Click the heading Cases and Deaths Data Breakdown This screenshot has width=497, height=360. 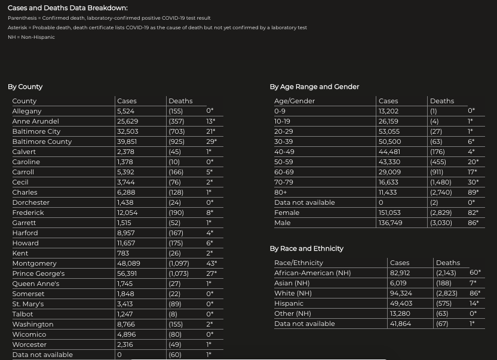[x=68, y=8]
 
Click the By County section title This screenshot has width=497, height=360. [x=25, y=87]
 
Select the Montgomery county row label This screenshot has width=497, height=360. [x=34, y=263]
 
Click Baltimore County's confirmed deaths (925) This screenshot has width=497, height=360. [x=177, y=141]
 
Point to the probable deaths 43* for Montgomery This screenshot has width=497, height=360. [x=211, y=263]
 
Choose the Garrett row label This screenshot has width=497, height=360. [x=24, y=223]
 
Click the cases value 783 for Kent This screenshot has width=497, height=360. [x=122, y=253]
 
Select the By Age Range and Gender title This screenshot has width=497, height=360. [x=314, y=87]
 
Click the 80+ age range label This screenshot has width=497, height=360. [x=281, y=192]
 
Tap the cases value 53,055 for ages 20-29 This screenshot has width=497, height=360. [x=389, y=131]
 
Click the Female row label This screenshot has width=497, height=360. [x=286, y=213]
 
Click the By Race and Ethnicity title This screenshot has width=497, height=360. [x=306, y=248]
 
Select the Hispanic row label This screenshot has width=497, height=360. [x=289, y=303]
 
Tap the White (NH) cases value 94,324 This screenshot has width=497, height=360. [x=401, y=293]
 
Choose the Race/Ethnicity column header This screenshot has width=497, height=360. [x=298, y=263]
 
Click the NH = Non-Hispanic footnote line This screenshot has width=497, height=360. [x=31, y=37]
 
